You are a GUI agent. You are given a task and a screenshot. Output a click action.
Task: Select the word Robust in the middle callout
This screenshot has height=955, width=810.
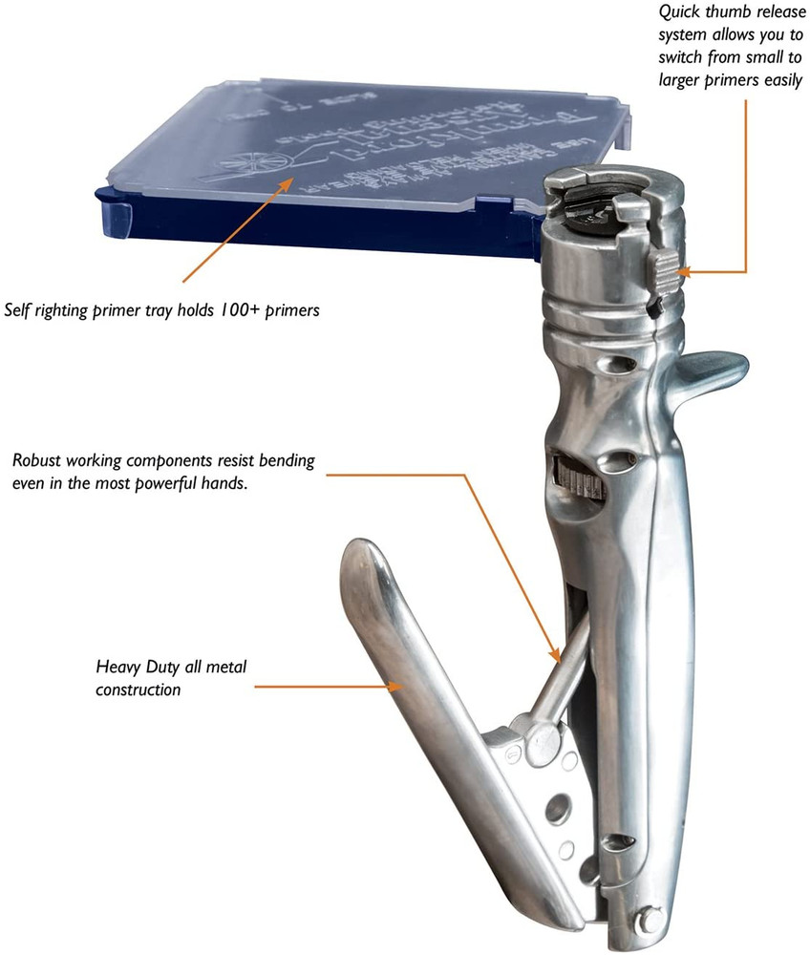[37, 460]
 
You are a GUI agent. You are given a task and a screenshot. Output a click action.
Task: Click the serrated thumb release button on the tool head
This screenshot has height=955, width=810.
[665, 270]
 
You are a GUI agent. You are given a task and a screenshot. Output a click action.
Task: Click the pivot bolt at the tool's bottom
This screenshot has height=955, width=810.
[650, 918]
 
